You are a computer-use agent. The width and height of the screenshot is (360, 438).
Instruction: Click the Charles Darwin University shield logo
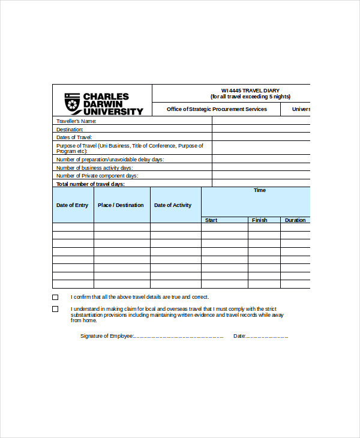coord(72,103)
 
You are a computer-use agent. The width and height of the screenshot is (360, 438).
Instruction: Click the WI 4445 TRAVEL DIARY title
coord(250,91)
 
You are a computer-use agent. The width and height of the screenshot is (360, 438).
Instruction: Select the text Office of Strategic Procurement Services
coord(217,109)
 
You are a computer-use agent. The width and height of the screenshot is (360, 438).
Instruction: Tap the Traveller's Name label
coord(76,121)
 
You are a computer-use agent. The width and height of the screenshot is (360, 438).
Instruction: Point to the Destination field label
coord(70,130)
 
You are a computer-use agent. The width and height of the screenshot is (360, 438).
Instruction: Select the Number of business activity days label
coord(94,168)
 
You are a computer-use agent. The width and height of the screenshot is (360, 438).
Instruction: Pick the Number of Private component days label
coord(97,176)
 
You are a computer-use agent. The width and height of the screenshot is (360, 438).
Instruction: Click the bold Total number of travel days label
coord(90,184)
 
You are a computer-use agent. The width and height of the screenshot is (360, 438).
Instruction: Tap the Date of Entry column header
coord(72,205)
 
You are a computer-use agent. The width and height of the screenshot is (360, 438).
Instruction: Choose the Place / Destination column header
coord(121,205)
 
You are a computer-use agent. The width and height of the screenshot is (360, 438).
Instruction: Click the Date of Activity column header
coord(173,205)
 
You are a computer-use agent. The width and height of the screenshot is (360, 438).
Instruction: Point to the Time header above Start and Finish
coord(259,190)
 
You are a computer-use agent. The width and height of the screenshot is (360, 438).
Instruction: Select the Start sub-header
coord(211,220)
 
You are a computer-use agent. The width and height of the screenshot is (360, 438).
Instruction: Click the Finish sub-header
coord(260,220)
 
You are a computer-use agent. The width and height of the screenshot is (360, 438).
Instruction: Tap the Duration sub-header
coord(295,220)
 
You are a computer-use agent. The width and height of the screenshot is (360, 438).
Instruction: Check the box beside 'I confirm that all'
coord(55,297)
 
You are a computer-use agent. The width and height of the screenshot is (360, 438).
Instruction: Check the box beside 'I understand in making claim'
coord(55,309)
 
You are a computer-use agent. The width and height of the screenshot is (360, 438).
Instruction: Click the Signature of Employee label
coord(107,336)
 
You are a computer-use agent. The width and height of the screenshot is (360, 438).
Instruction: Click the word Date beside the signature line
coord(239,336)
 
